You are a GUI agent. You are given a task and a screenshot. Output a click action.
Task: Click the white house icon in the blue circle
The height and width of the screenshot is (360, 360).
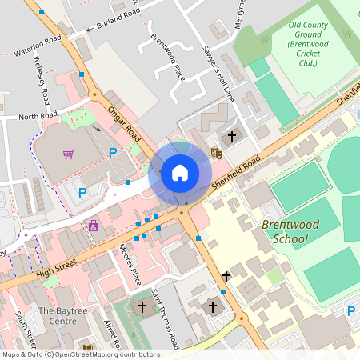[x=180, y=173]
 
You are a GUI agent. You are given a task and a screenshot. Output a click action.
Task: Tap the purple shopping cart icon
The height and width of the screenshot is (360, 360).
[x=69, y=154]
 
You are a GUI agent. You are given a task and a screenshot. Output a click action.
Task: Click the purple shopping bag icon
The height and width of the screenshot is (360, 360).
[x=94, y=226]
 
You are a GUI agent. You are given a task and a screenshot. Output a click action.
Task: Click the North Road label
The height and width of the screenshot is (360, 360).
[x=38, y=117]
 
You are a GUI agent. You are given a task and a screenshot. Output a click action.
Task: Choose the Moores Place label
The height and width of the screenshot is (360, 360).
[x=130, y=265]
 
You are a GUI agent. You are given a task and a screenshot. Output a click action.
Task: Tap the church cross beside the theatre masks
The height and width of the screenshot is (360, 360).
[x=233, y=137]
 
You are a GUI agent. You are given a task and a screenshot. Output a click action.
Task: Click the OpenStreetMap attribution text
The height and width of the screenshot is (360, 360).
[x=81, y=354]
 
